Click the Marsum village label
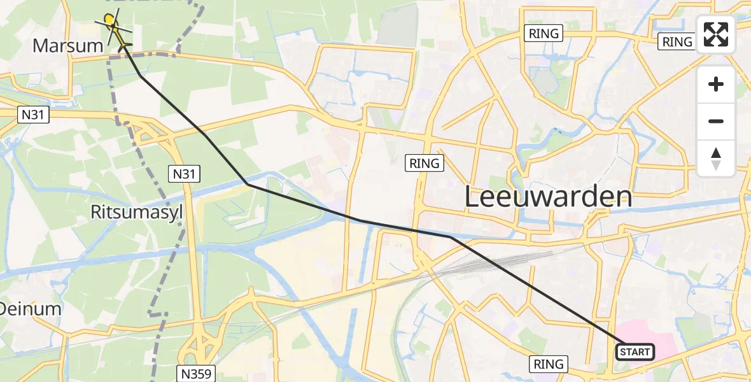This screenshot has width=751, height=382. pos(67,45)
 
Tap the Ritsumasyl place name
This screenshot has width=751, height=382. pos(136,212)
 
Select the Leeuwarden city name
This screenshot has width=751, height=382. pos(548,196)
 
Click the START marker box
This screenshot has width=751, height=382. pos(635,352)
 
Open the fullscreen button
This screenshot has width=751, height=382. pos(716,34)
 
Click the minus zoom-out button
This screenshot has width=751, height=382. pos(716,122)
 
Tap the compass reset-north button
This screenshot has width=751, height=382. pos(716,159)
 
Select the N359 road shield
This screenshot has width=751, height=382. pos(195,372)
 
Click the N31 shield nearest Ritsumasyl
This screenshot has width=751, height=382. pos(184,173)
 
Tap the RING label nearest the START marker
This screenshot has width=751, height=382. pos(549,364)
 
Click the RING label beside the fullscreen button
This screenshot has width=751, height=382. pos(677,42)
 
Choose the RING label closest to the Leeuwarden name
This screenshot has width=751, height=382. pos(425,164)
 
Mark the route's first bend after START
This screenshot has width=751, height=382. pos(450,237)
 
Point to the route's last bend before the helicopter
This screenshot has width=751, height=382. pos(141,76)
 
